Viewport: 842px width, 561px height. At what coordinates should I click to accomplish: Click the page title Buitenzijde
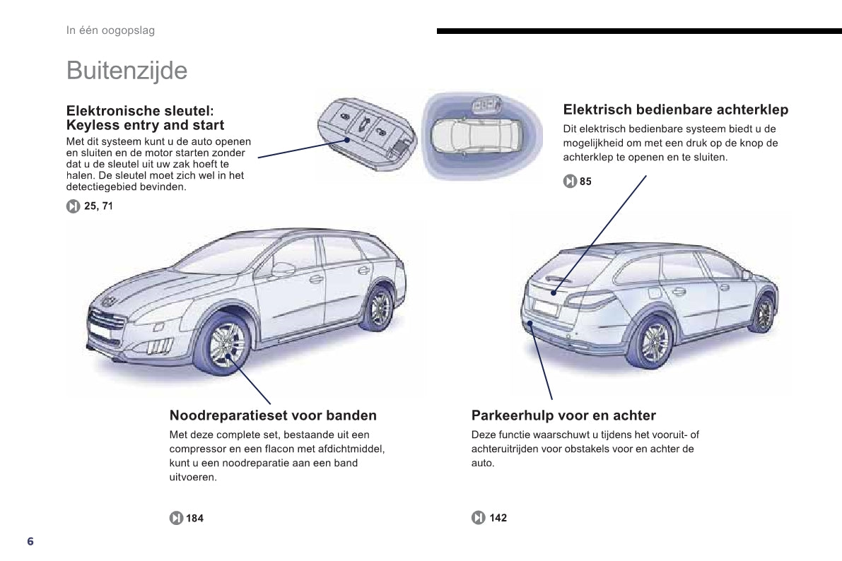tap(127, 71)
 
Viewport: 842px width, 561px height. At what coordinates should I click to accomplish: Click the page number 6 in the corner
tap(30, 541)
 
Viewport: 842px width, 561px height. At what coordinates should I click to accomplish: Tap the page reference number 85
tap(585, 182)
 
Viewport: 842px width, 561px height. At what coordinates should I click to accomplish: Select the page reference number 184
tap(194, 518)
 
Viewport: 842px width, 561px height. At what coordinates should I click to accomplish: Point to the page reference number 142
tap(498, 517)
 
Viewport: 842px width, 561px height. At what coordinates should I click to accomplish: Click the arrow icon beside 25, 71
tap(73, 206)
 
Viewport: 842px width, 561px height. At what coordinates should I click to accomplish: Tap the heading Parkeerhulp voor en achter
tap(563, 415)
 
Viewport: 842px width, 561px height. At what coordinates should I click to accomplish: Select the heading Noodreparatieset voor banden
tap(273, 415)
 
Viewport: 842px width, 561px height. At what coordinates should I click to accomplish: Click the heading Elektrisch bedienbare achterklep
tap(676, 110)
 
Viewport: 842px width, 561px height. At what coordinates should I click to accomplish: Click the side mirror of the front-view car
tap(283, 269)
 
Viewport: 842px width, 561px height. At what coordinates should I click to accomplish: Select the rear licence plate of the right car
tap(546, 307)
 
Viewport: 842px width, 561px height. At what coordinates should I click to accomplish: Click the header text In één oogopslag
tap(110, 30)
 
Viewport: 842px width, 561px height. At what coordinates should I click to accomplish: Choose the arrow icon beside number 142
tap(479, 517)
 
